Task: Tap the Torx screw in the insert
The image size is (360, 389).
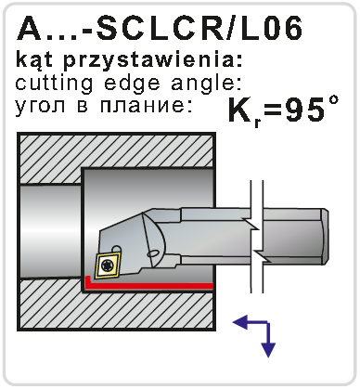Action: pyautogui.click(x=107, y=265)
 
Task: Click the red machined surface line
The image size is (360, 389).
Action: pyautogui.click(x=148, y=285)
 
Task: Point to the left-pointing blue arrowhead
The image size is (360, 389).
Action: pyautogui.click(x=240, y=323)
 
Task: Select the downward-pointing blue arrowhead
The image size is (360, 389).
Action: pyautogui.click(x=268, y=350)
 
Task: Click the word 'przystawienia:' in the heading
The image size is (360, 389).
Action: pyautogui.click(x=152, y=60)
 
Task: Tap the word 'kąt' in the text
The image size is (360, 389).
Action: pyautogui.click(x=34, y=60)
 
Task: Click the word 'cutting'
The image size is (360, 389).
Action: pyautogui.click(x=54, y=84)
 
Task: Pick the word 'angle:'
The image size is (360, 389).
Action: pyautogui.click(x=206, y=84)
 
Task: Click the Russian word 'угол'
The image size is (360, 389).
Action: pyautogui.click(x=40, y=106)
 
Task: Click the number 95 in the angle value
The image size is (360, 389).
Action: pyautogui.click(x=304, y=110)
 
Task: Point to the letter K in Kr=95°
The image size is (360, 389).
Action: pyautogui.click(x=240, y=110)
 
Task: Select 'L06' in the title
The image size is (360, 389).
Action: pyautogui.click(x=270, y=29)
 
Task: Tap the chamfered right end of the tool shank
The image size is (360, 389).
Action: pyautogui.click(x=325, y=237)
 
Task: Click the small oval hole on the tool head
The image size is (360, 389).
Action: pyautogui.click(x=152, y=253)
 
